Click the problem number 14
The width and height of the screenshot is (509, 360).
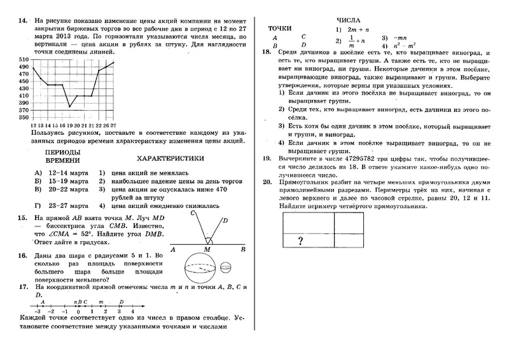23,20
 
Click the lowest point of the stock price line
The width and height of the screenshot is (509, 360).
70,106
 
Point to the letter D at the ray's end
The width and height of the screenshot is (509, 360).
226,221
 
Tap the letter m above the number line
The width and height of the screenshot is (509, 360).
101,302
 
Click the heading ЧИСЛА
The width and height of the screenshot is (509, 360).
349,20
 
